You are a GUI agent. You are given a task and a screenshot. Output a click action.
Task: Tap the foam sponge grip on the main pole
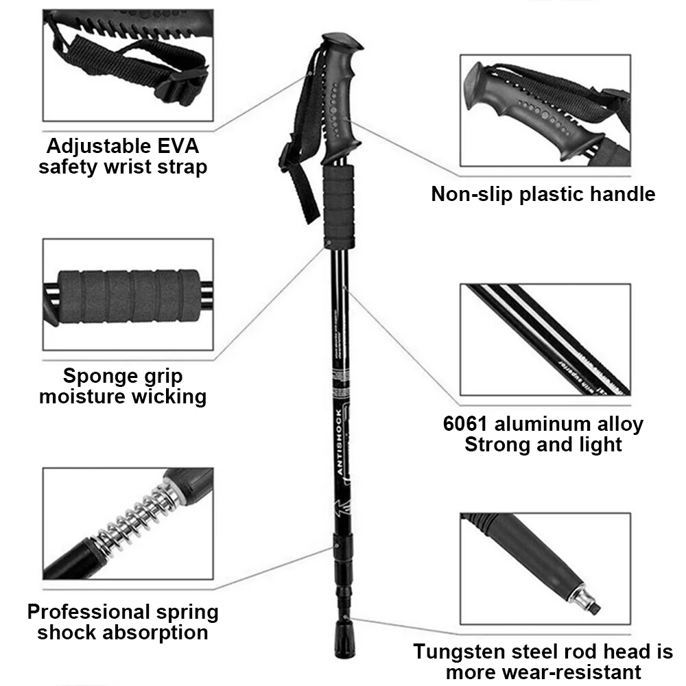[x=340, y=206]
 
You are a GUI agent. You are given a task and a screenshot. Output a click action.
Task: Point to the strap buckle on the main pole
[x=287, y=158]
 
